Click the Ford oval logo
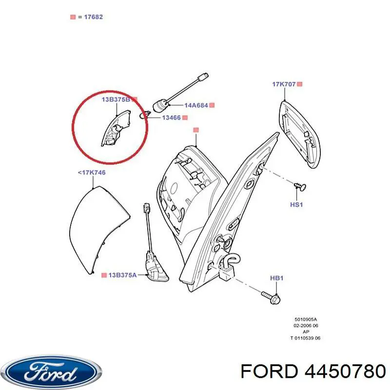click(x=53, y=372)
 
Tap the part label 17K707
click(x=284, y=84)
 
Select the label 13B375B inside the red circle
click(x=116, y=99)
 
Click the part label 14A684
click(x=196, y=105)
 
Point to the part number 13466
click(x=172, y=117)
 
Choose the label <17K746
click(x=92, y=173)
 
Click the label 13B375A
click(x=122, y=275)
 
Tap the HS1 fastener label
click(x=296, y=204)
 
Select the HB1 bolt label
click(x=276, y=278)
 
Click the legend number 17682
click(x=93, y=17)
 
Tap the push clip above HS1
click(x=300, y=186)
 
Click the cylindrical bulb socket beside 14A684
click(x=160, y=106)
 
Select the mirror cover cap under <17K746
click(x=99, y=230)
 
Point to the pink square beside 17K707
click(x=300, y=84)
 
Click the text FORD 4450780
click(x=313, y=372)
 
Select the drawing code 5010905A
click(x=306, y=319)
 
